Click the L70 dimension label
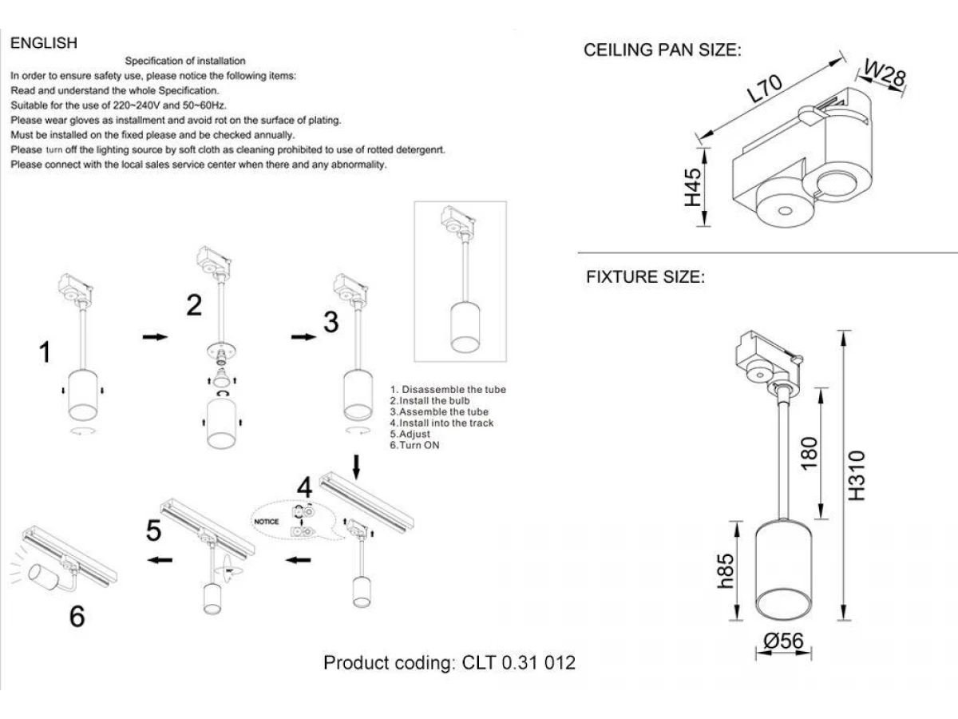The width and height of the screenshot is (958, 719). click(x=765, y=89)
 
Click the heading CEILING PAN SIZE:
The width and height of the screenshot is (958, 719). click(x=663, y=51)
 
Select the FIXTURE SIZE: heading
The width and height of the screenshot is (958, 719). click(x=645, y=278)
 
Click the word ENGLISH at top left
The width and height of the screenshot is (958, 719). click(x=44, y=43)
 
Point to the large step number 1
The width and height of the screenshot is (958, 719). click(x=46, y=352)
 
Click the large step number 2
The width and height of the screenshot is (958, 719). click(x=194, y=305)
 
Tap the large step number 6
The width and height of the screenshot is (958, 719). click(x=77, y=617)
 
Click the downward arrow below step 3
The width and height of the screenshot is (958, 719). click(x=357, y=466)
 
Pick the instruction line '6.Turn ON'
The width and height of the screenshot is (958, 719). click(x=414, y=445)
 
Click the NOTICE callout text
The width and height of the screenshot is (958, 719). click(x=267, y=521)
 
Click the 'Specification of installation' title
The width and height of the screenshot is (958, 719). click(x=186, y=61)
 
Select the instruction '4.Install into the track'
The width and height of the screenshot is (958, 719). click(x=441, y=423)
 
